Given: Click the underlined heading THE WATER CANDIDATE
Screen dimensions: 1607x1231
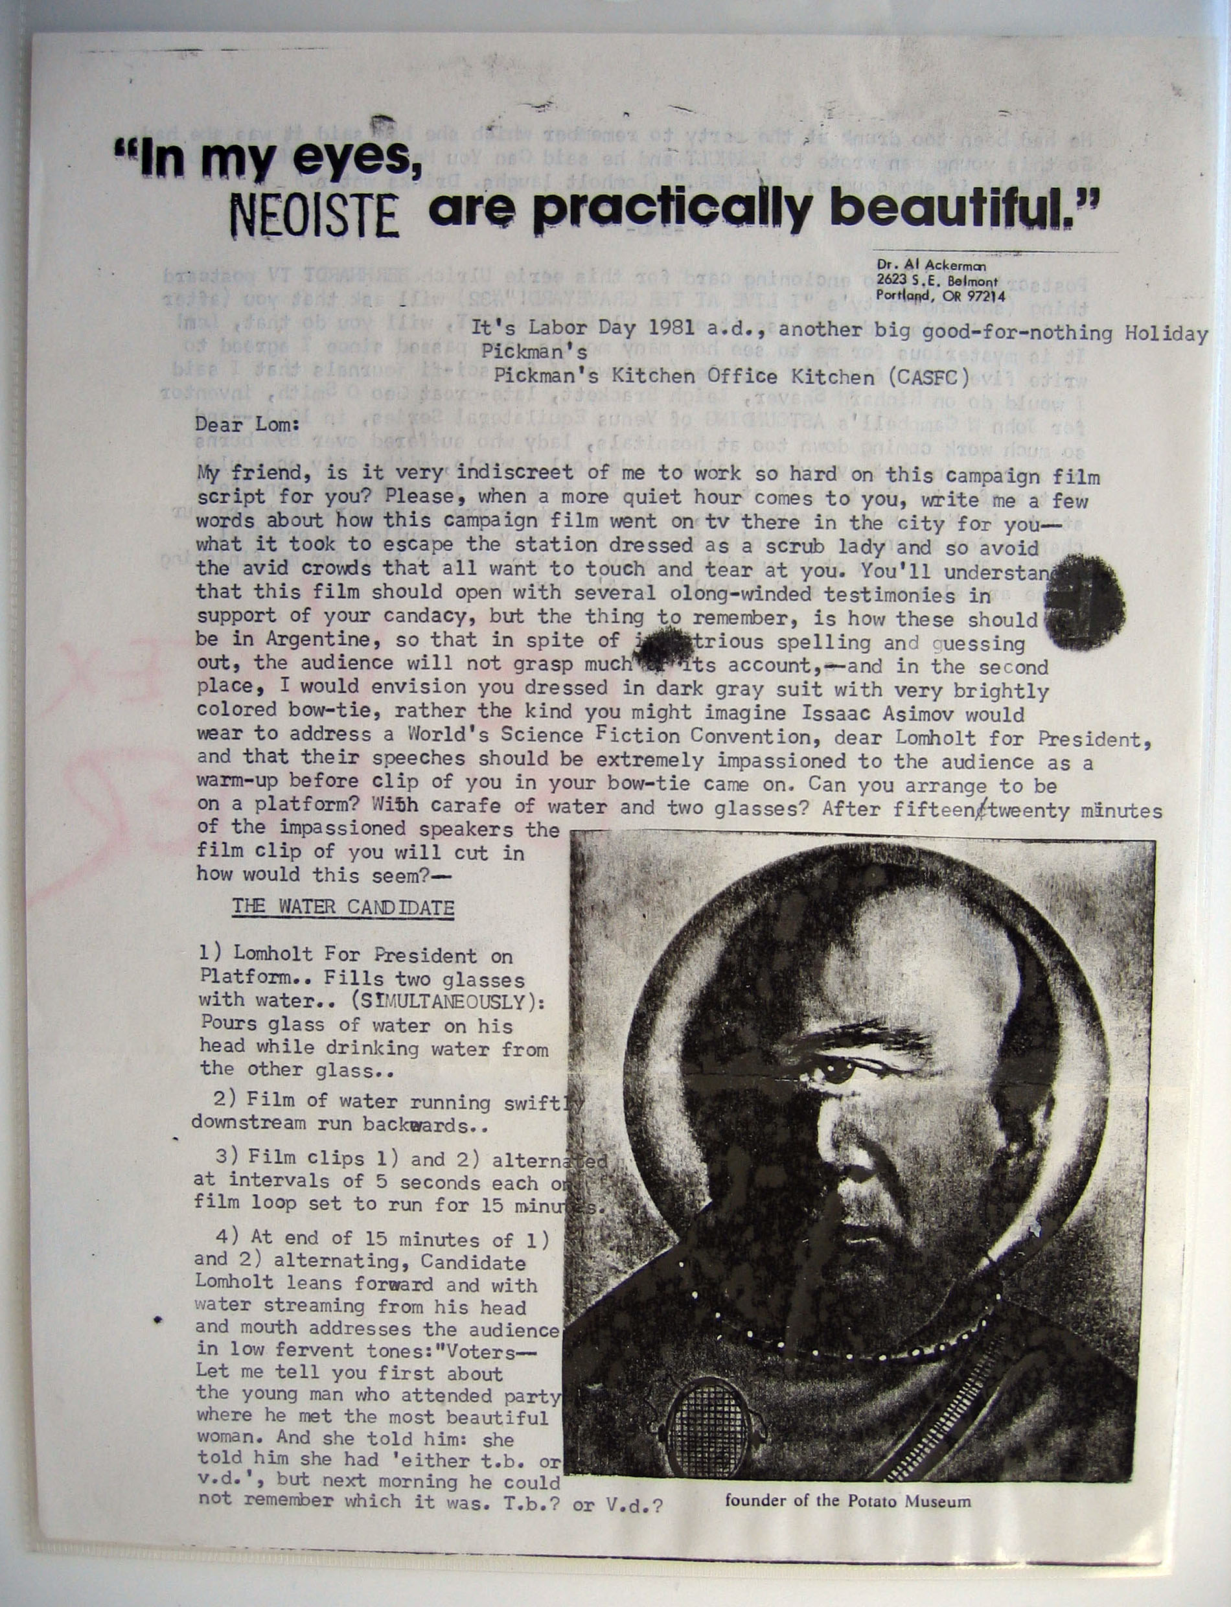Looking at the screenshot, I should click(343, 907).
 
